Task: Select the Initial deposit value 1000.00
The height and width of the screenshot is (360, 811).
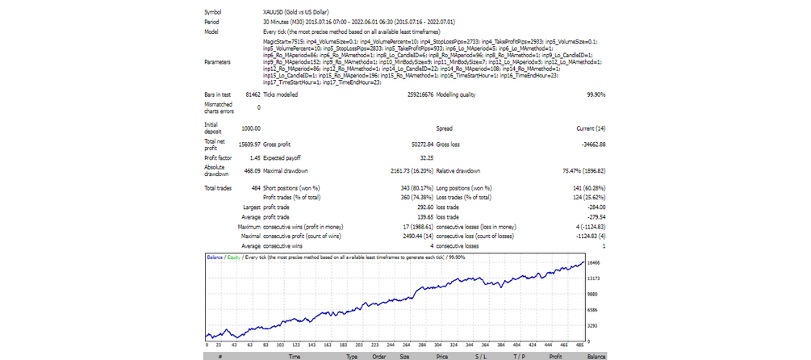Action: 250,128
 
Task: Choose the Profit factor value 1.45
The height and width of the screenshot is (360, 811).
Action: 255,157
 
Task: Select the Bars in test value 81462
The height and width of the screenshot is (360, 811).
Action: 250,94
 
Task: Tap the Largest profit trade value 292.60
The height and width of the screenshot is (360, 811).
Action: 413,206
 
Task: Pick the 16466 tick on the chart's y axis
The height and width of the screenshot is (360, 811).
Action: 595,263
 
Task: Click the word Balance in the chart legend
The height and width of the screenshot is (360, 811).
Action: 215,257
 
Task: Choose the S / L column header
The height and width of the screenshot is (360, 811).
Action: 481,354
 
